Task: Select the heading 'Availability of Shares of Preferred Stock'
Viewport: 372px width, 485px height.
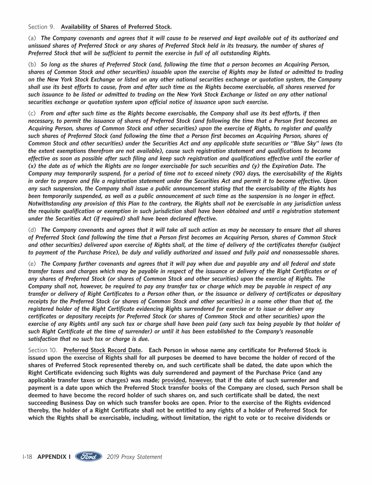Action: [116, 27]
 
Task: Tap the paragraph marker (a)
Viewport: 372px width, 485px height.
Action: [32, 38]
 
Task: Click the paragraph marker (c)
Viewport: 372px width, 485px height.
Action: [32, 113]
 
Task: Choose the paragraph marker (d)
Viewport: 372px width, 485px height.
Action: [32, 230]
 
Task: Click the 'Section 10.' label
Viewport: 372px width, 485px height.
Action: [42, 350]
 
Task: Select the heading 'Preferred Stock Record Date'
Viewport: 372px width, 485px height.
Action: [102, 350]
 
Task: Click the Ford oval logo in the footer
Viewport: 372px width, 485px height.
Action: [89, 456]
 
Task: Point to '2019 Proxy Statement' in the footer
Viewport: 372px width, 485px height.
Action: [134, 457]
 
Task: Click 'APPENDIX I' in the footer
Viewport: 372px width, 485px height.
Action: [54, 457]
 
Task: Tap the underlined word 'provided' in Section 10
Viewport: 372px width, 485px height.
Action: [173, 381]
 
